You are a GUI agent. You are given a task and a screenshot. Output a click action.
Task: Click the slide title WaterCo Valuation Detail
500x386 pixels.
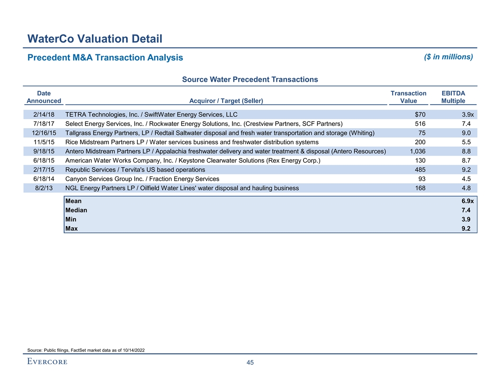pos(95,38)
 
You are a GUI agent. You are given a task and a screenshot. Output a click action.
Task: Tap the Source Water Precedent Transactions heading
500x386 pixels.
pos(250,79)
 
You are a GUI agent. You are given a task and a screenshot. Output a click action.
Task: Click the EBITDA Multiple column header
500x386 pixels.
pos(453,97)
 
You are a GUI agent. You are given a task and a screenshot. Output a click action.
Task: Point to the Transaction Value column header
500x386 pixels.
pos(408,97)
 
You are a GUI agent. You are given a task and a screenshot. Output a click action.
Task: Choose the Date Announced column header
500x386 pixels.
pos(44,97)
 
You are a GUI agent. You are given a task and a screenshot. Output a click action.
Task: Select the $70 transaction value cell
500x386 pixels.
pos(420,114)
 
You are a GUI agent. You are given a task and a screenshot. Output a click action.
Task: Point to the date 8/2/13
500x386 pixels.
pos(45,188)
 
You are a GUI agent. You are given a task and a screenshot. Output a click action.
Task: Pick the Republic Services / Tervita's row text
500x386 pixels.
pos(135,170)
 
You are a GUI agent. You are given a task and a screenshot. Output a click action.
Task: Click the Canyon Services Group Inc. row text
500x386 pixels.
pos(143,179)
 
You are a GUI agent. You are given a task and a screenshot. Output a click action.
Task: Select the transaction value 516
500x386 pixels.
pos(420,124)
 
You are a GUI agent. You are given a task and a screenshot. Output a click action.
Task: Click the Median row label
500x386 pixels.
pos(76,211)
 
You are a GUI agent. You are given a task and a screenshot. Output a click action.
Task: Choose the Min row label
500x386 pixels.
pos(71,219)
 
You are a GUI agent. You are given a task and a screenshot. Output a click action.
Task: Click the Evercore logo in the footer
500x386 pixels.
pos(47,362)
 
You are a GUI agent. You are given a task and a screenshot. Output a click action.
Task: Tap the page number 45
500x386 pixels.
pos(250,363)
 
